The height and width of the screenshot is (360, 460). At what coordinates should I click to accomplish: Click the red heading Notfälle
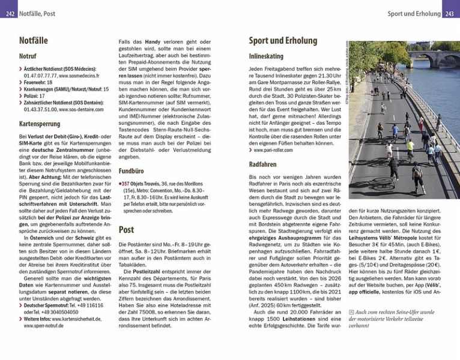tap(34, 41)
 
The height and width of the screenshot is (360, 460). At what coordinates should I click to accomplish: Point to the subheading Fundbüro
tap(131, 171)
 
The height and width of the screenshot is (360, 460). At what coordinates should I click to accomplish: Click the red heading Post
tap(126, 229)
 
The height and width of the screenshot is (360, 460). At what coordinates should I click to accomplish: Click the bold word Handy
tap(152, 41)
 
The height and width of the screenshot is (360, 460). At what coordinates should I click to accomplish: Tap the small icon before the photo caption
tap(351, 312)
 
